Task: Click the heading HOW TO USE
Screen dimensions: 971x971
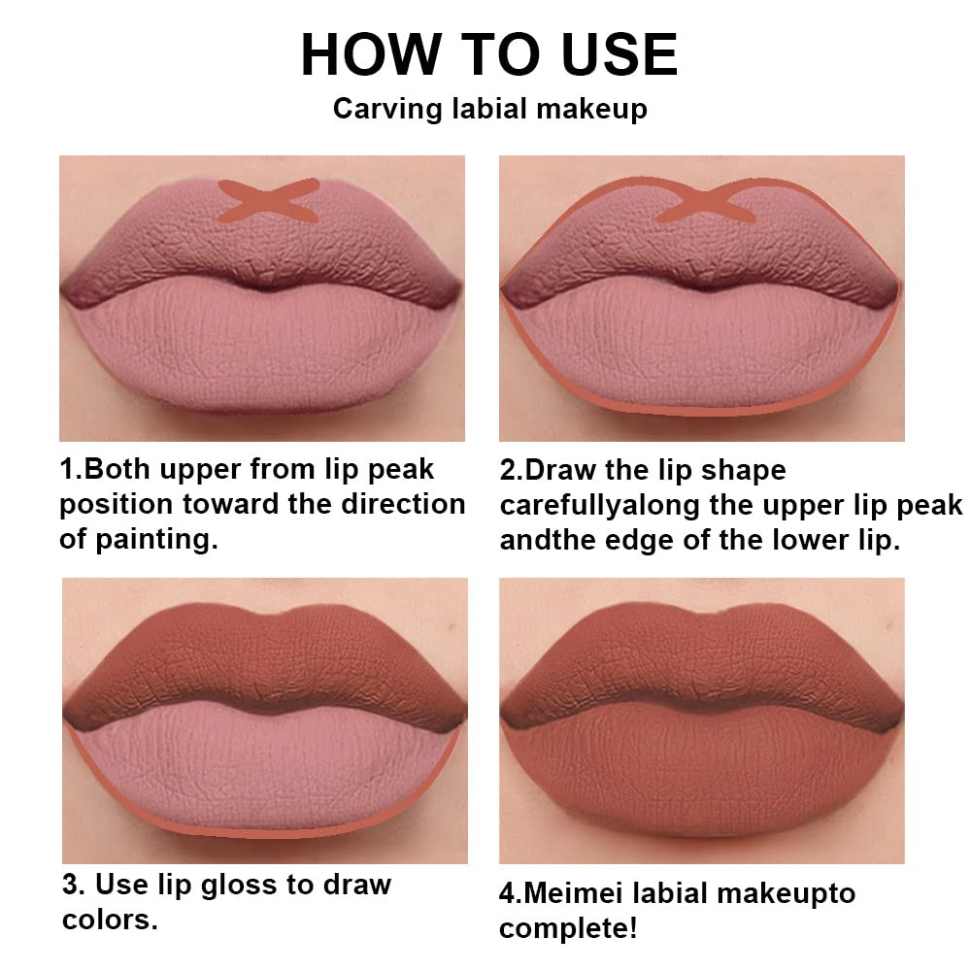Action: (488, 54)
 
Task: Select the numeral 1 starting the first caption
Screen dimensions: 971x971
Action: (67, 470)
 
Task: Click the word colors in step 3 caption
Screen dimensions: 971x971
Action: (110, 920)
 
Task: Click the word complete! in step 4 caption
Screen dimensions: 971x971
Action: (568, 928)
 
